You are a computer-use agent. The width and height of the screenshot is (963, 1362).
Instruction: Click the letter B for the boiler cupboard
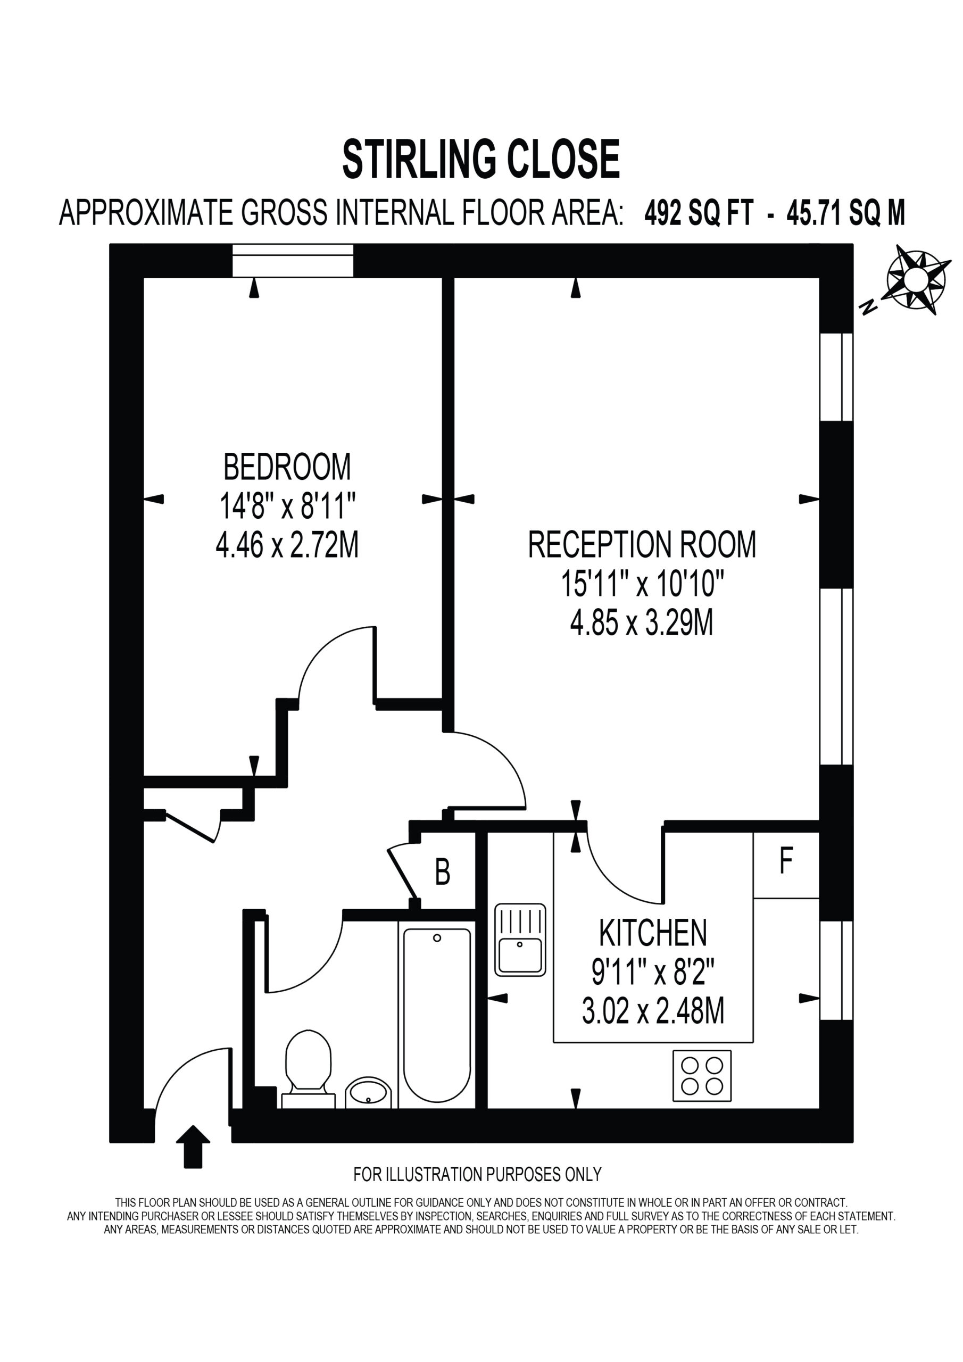pos(443,872)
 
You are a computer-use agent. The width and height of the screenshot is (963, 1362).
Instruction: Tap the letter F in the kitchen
pos(786,861)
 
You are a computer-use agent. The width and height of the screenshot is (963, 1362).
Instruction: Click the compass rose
pos(914,279)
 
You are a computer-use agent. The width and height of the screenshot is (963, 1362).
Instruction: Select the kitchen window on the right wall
pos(836,970)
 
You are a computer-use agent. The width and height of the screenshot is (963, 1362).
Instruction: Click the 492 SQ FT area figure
pos(699,213)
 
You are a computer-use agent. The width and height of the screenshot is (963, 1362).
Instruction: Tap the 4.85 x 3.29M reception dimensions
pos(642,624)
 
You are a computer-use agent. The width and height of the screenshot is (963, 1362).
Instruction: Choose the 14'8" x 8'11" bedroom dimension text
pos(287,506)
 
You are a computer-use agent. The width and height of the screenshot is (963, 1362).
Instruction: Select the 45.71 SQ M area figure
pos(845,213)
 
